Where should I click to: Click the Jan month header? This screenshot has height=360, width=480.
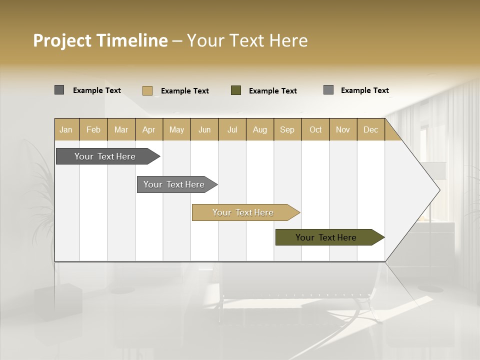[x=66, y=129]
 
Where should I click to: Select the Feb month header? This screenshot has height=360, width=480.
[x=93, y=129]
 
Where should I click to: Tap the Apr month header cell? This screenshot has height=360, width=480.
[x=149, y=129]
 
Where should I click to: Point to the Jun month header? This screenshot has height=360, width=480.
[x=204, y=129]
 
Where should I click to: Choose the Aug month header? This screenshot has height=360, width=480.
[x=260, y=129]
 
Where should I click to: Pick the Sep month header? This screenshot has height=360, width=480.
[x=287, y=129]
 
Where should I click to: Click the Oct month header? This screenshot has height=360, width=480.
[x=315, y=129]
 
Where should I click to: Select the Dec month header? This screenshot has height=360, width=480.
[x=371, y=129]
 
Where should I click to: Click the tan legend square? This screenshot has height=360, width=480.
[x=147, y=90]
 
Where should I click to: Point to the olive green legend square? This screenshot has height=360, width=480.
[x=236, y=90]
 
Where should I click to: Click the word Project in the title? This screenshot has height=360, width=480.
[x=62, y=40]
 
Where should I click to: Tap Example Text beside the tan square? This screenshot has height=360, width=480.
[x=185, y=91]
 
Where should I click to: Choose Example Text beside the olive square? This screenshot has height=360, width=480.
[x=273, y=91]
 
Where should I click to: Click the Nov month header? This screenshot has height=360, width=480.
[x=343, y=129]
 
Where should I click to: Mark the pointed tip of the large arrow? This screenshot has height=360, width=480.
[x=439, y=190]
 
